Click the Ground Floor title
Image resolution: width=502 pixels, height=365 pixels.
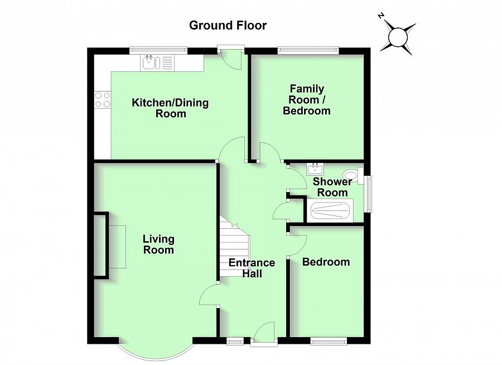click(x=228, y=25)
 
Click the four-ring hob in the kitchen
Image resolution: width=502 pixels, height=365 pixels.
click(x=103, y=99)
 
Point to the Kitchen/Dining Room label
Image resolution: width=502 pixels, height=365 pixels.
click(x=170, y=108)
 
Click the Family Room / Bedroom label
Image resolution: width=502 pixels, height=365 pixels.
click(x=307, y=99)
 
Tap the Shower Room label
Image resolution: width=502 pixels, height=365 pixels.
click(x=332, y=187)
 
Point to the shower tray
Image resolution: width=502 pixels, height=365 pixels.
click(x=330, y=211)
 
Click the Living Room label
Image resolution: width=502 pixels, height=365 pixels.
click(x=158, y=244)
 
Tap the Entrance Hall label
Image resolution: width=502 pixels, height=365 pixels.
click(x=252, y=268)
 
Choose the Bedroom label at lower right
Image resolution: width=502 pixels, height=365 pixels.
click(x=326, y=262)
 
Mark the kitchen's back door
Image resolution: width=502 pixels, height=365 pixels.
click(x=229, y=56)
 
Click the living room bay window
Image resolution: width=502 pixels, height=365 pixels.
click(x=155, y=352)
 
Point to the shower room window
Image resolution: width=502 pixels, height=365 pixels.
click(x=368, y=194)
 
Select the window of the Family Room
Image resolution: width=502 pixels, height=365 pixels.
click(x=308, y=51)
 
